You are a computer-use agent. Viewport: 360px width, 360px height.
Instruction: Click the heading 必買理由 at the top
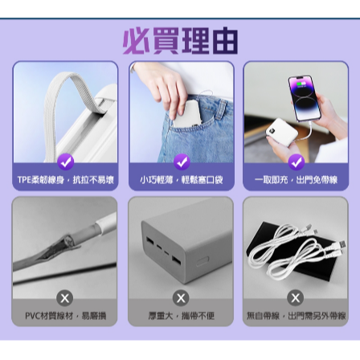coord(180,39)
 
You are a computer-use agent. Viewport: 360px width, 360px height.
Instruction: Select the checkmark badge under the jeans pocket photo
coord(181,163)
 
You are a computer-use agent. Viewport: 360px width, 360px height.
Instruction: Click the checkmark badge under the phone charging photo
coord(295,163)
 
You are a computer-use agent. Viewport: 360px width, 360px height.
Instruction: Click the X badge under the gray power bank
coord(181,299)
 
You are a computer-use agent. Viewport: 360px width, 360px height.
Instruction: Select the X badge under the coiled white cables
coord(295,299)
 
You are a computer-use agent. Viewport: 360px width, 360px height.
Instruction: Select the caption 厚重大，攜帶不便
coord(181,316)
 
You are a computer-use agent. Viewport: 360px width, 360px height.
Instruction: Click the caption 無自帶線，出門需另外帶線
coord(295,316)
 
